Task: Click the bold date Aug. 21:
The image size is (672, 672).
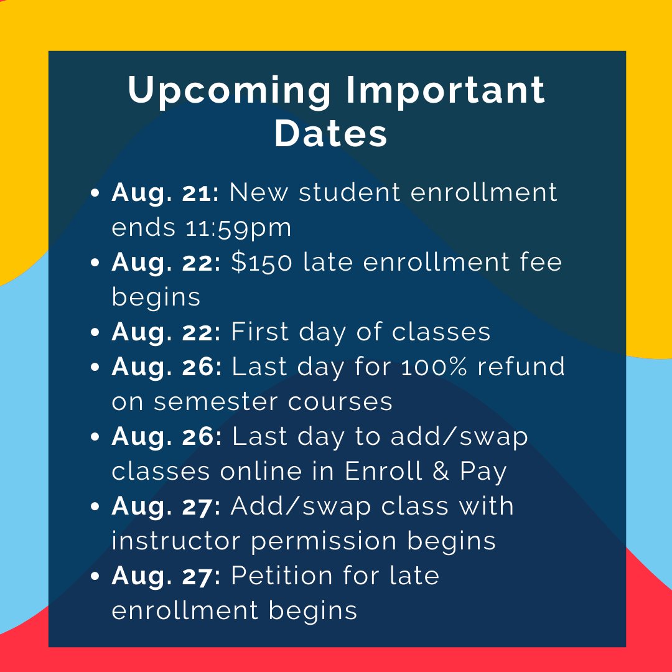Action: tap(165, 192)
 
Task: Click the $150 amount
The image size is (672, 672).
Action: tap(261, 262)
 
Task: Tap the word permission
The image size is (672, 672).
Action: tap(324, 542)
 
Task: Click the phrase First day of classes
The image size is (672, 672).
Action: tap(361, 332)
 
